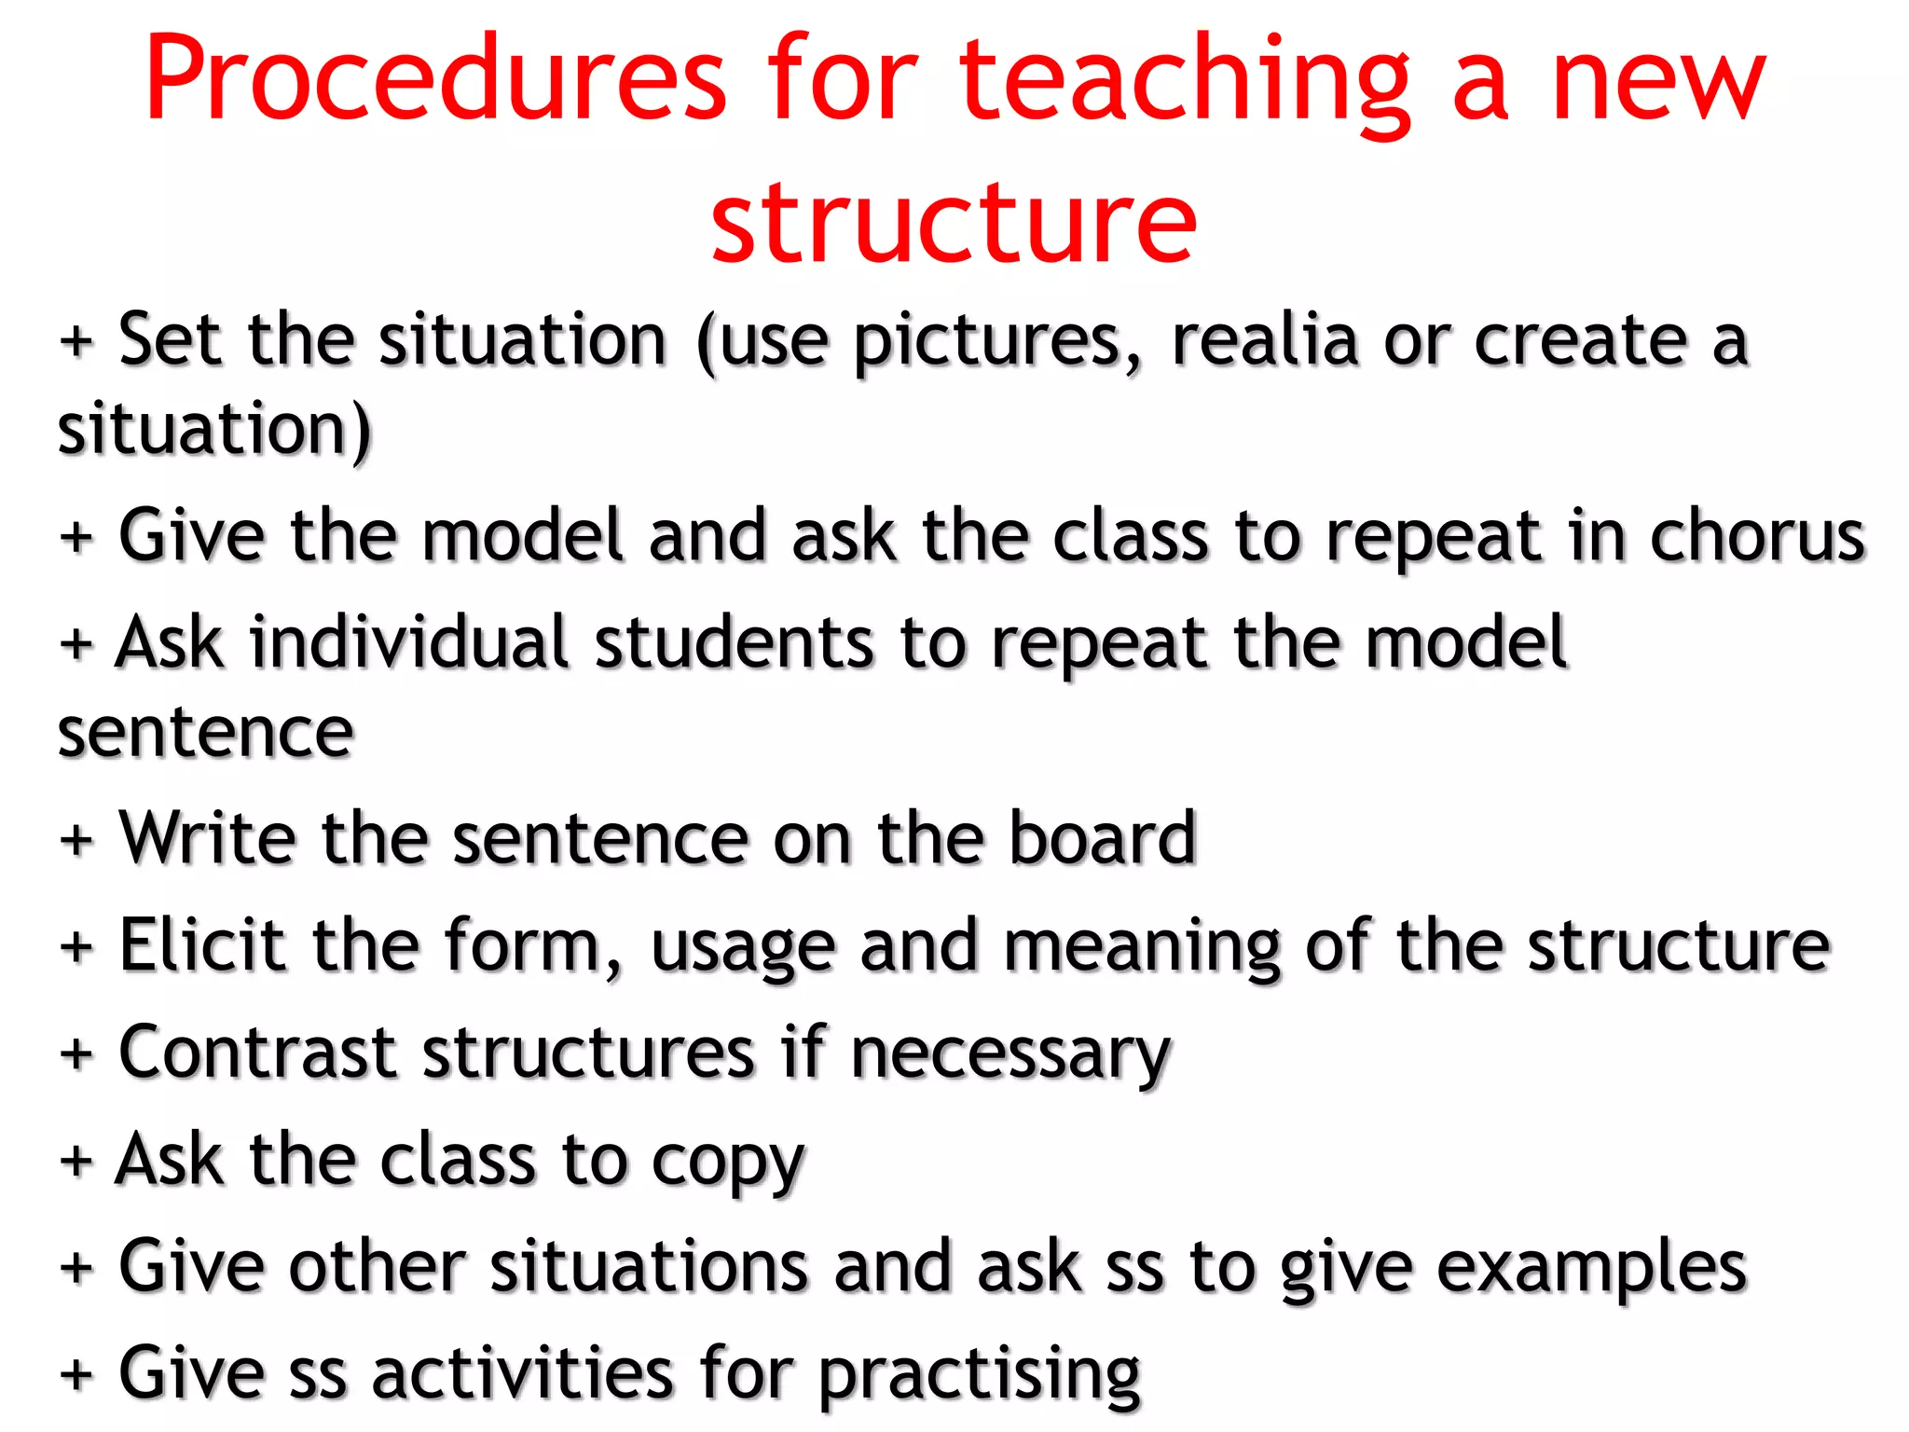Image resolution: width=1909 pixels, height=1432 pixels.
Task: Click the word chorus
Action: pos(1757,538)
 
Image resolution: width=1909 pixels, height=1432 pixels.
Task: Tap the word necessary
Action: pos(1010,1056)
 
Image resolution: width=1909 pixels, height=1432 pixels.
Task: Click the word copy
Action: pos(727,1163)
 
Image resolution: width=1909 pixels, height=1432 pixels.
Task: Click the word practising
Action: pos(980,1376)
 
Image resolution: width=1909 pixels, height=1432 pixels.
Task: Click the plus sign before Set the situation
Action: pos(76,341)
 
